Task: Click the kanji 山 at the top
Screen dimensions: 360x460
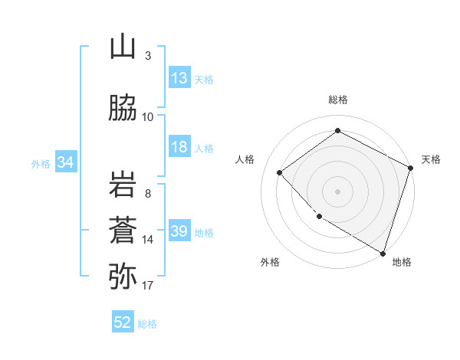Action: pyautogui.click(x=123, y=47)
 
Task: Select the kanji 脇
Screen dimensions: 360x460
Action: pyautogui.click(x=123, y=109)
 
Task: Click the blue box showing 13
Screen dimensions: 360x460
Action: pyautogui.click(x=179, y=78)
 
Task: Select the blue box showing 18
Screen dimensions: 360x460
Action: pyautogui.click(x=179, y=147)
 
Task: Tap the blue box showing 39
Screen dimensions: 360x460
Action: pyautogui.click(x=179, y=231)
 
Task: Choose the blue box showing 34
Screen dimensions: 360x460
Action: pyautogui.click(x=65, y=162)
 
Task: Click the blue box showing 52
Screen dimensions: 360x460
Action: pyautogui.click(x=123, y=322)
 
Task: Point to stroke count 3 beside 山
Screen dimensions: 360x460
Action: pyautogui.click(x=148, y=56)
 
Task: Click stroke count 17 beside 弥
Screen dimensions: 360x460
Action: pyautogui.click(x=148, y=286)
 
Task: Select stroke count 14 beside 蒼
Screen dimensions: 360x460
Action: pyautogui.click(x=148, y=240)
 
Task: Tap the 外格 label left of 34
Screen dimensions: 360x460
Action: pyautogui.click(x=41, y=163)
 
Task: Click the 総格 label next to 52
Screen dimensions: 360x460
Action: pyautogui.click(x=147, y=323)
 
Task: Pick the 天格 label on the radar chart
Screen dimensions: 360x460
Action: pyautogui.click(x=431, y=159)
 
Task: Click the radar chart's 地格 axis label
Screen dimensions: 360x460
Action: pyautogui.click(x=402, y=262)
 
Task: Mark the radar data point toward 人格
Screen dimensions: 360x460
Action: pyautogui.click(x=280, y=172)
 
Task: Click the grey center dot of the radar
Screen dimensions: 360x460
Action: pyautogui.click(x=337, y=191)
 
